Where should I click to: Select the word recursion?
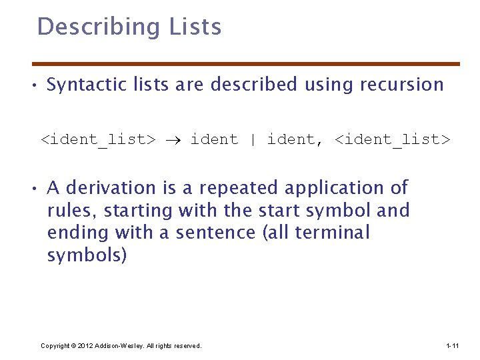pyautogui.click(x=401, y=85)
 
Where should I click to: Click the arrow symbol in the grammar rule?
pyautogui.click(x=173, y=140)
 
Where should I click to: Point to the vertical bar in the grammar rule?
pyautogui.click(x=253, y=140)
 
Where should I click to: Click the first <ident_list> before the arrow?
pyautogui.click(x=98, y=140)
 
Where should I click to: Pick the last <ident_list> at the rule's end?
pyautogui.click(x=392, y=140)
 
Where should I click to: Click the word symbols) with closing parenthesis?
pyautogui.click(x=86, y=255)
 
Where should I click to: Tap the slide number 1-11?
pyautogui.click(x=452, y=345)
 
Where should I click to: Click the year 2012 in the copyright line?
pyautogui.click(x=85, y=345)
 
